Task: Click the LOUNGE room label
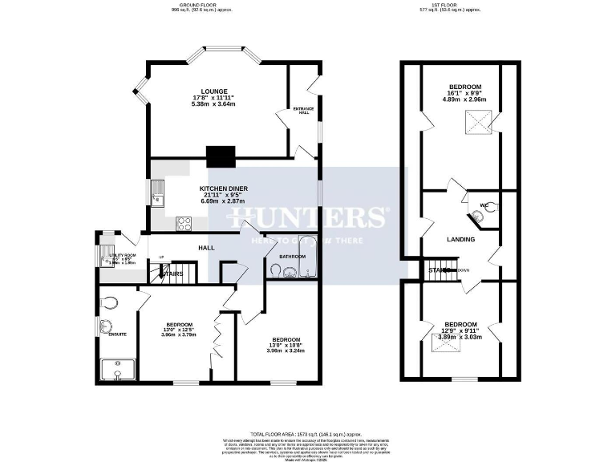pyautogui.click(x=214, y=91)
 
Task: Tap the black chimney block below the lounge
pyautogui.click(x=219, y=156)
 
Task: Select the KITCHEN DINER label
pyautogui.click(x=224, y=188)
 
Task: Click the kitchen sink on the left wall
pyautogui.click(x=157, y=192)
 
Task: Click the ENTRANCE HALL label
pyautogui.click(x=303, y=110)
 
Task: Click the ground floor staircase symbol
pyautogui.click(x=174, y=274)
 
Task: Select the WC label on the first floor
pyautogui.click(x=484, y=205)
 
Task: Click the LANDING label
pyautogui.click(x=460, y=239)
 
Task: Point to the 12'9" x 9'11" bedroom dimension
pyautogui.click(x=460, y=331)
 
